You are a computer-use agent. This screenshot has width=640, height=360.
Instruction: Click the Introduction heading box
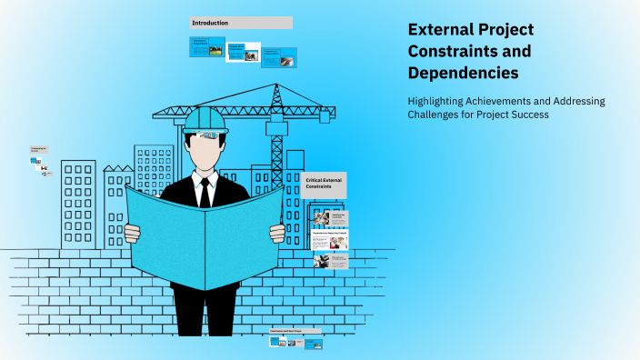point(241,23)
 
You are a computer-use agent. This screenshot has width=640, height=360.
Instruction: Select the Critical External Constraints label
point(324,185)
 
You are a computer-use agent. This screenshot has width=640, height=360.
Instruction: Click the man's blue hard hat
point(205,120)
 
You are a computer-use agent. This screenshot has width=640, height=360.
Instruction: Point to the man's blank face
point(205,151)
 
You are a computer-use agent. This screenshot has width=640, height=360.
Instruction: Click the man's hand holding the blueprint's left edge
point(133,233)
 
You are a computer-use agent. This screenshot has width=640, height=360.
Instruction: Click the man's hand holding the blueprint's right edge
point(277,233)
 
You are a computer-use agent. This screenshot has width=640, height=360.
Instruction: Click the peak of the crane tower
point(275,87)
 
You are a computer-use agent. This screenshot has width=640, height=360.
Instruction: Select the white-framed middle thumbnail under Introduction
point(243,52)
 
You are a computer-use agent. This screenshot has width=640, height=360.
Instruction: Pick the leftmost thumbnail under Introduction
point(207,46)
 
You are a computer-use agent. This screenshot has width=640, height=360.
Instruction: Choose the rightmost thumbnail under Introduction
point(279,57)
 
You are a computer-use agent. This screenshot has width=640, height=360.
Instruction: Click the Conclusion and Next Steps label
point(295,332)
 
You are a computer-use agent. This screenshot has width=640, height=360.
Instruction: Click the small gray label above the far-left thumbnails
point(40,150)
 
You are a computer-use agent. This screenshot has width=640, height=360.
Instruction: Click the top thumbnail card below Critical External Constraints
point(330,219)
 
